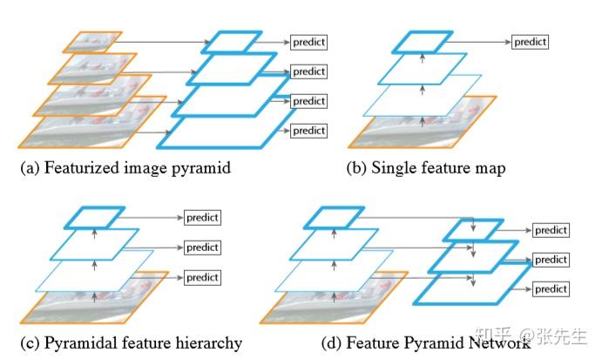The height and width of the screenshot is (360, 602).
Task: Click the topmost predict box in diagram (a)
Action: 308,42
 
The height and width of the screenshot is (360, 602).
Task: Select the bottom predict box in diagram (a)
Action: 308,131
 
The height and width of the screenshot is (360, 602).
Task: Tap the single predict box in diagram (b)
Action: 530,42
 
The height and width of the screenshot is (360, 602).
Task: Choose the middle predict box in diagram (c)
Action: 202,248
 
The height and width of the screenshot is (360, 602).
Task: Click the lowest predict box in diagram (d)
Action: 551,289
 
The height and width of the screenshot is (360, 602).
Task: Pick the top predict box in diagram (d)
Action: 551,230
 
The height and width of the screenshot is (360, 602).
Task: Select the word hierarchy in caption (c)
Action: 209,343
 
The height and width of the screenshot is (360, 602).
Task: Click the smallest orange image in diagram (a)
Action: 93,42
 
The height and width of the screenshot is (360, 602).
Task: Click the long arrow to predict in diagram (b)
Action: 479,42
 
